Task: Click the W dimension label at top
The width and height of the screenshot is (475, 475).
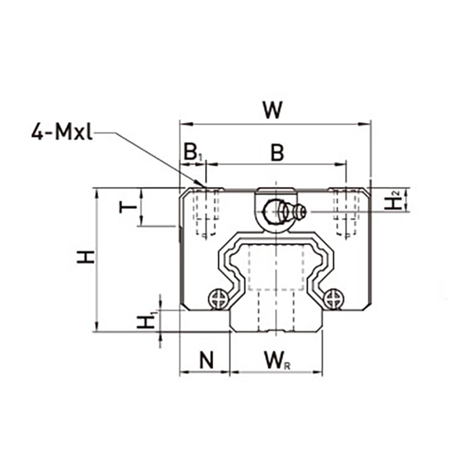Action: pyautogui.click(x=273, y=110)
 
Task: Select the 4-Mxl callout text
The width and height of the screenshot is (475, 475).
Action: pyautogui.click(x=62, y=133)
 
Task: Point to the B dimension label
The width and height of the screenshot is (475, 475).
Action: pyautogui.click(x=277, y=153)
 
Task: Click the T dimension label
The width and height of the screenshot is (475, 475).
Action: pyautogui.click(x=128, y=208)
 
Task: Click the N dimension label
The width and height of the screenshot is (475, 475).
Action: pyautogui.click(x=206, y=360)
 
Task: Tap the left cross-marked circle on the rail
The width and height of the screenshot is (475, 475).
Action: pyautogui.click(x=218, y=299)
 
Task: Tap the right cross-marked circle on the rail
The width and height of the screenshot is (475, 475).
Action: pyautogui.click(x=334, y=299)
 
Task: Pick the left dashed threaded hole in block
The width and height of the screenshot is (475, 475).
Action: pyautogui.click(x=206, y=212)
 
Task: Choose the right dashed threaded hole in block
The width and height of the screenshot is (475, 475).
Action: pyautogui.click(x=347, y=212)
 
